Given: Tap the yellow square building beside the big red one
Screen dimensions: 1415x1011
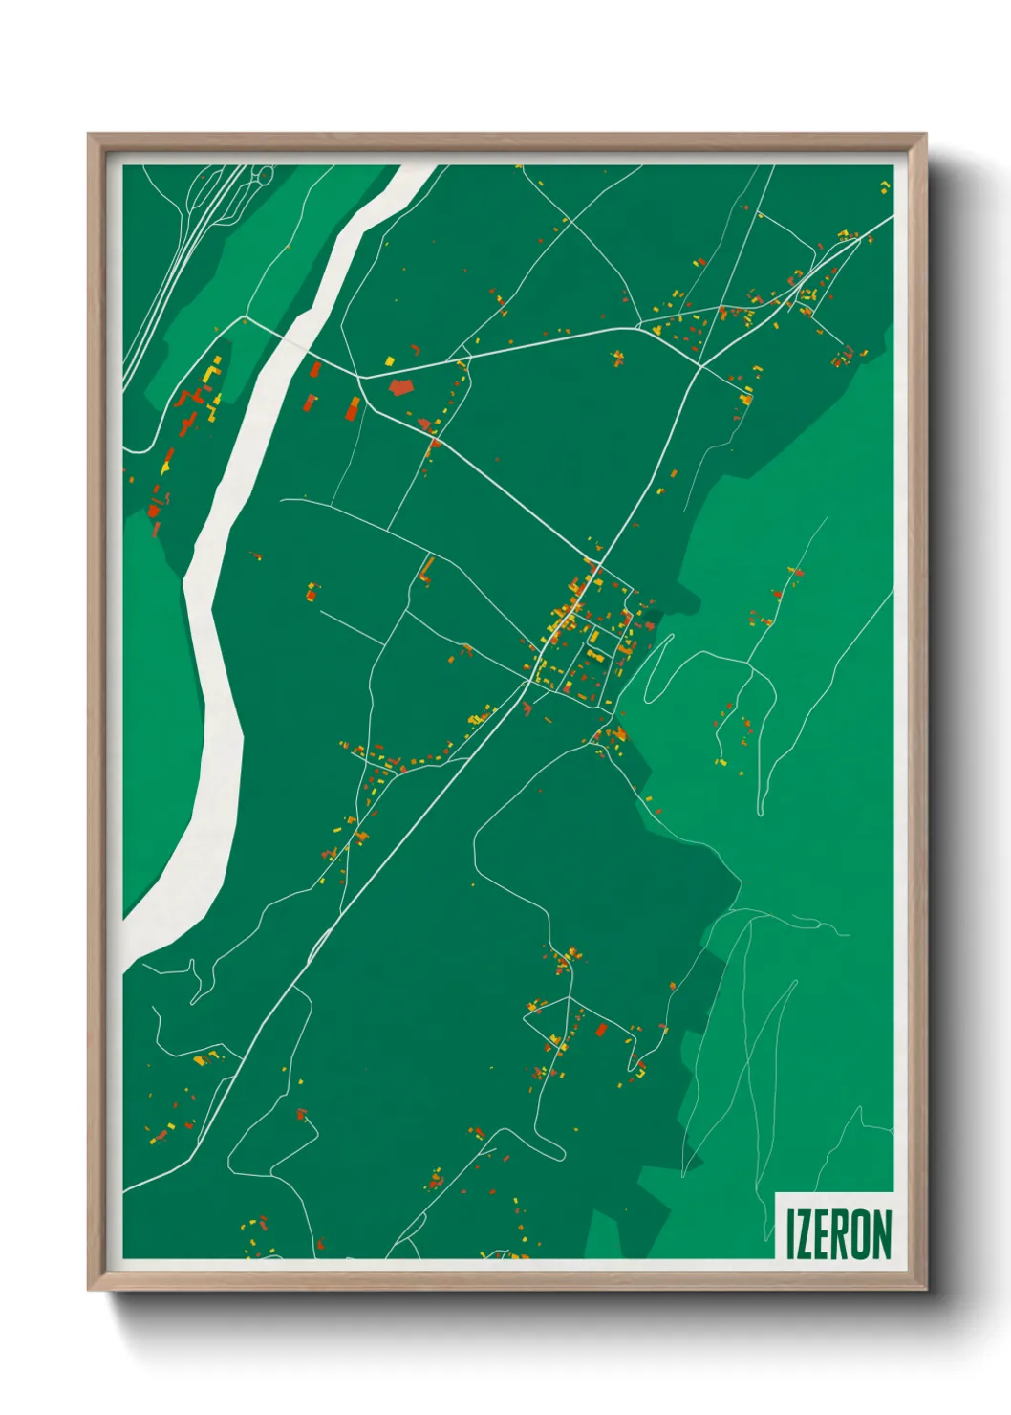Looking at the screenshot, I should (389, 360).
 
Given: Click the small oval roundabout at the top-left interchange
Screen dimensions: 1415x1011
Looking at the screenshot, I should (262, 175).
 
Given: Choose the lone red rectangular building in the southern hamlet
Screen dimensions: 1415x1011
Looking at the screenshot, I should (601, 1030).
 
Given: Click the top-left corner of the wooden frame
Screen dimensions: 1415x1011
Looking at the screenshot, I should (89, 135).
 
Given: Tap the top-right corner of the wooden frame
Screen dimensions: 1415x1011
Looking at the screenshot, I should (925, 135).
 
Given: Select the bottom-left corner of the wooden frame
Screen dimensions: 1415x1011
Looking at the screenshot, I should (89, 1290).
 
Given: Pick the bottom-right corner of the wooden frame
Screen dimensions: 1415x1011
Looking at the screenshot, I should (925, 1290).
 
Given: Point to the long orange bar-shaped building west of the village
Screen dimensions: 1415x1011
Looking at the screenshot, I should (426, 571).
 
